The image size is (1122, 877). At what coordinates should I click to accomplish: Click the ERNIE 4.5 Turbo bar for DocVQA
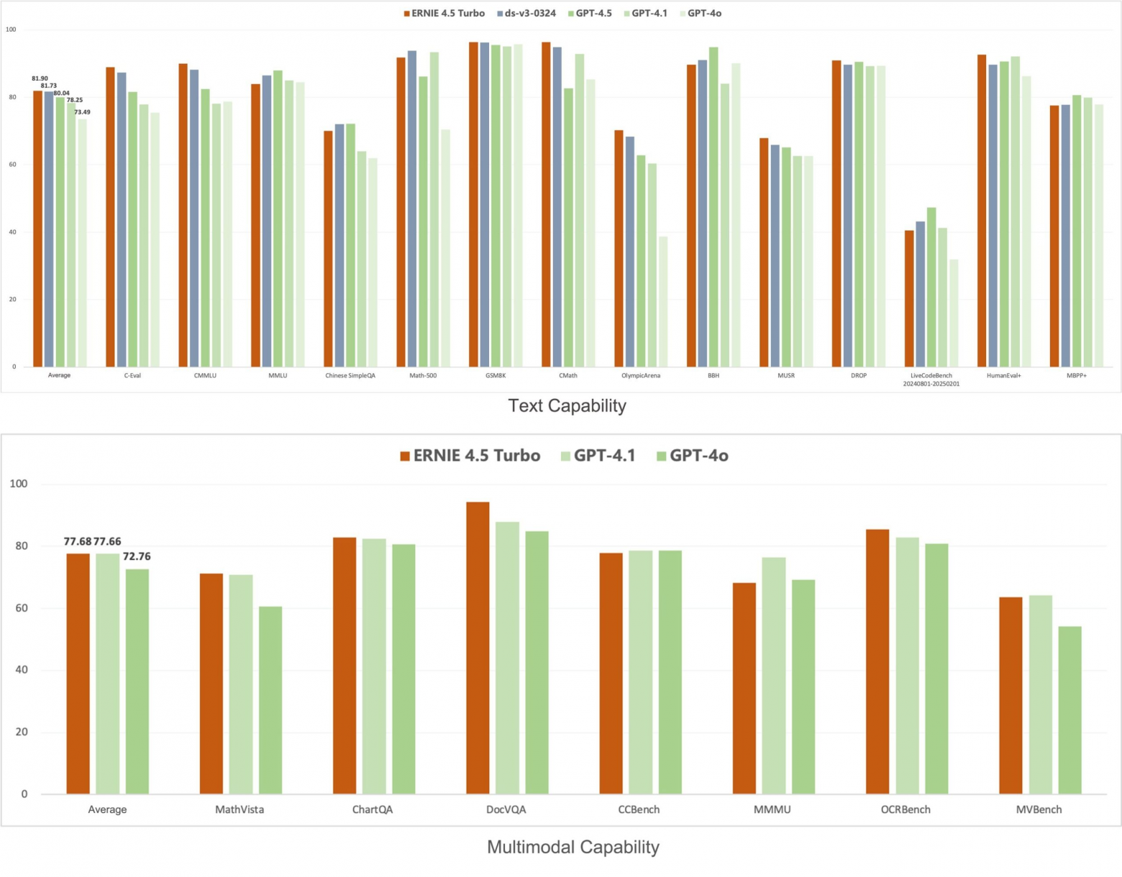478,647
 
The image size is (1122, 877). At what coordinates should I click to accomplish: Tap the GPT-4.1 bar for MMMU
774,675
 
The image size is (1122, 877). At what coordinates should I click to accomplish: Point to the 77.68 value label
78,541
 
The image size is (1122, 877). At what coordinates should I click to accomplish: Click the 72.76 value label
137,556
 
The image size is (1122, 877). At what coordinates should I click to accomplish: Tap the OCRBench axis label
906,809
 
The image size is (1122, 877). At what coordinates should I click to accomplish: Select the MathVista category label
240,809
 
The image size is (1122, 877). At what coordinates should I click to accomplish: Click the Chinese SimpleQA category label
350,375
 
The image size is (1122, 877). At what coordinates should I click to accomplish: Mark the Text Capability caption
567,405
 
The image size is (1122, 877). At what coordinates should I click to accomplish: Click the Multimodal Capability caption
573,847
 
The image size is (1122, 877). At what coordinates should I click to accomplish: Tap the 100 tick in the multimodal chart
19,484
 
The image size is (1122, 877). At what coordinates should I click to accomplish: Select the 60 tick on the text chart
12,165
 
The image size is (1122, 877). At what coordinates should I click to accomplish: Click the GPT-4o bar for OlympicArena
663,301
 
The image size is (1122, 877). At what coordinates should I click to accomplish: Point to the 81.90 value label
40,78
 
